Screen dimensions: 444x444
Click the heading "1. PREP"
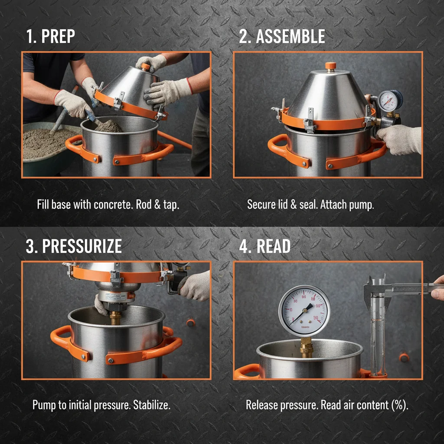point(50,37)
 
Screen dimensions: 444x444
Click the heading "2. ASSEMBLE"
point(282,37)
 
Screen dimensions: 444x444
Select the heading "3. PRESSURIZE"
point(74,246)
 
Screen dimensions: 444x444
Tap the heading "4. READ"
point(264,246)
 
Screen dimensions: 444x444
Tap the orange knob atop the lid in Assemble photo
point(331,66)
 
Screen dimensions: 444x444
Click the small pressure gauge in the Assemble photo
point(390,101)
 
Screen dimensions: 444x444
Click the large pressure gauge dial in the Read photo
point(304,310)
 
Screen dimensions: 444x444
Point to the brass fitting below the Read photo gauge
point(307,347)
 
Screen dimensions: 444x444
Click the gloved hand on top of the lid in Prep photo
point(152,62)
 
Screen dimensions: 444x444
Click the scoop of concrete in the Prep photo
point(108,126)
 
